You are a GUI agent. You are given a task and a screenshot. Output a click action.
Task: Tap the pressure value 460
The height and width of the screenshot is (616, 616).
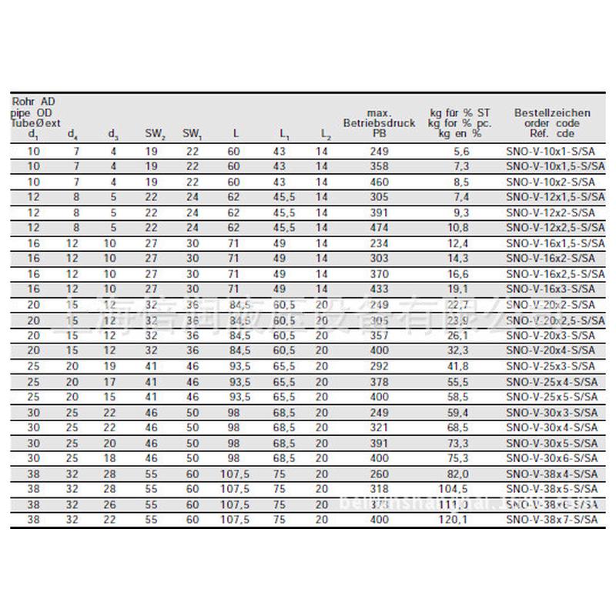379,182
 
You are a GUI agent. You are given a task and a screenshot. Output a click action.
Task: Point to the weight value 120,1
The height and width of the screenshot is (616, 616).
460,521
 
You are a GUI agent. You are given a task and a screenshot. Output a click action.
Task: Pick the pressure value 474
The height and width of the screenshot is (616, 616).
379,229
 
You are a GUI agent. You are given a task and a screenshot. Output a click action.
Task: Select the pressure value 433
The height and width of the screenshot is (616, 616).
379,290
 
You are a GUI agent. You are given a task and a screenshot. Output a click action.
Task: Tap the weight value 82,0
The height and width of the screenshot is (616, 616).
460,474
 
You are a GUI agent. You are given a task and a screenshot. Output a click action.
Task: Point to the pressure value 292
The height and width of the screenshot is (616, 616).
379,367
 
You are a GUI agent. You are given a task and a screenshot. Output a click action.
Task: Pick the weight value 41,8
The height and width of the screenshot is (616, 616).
460,367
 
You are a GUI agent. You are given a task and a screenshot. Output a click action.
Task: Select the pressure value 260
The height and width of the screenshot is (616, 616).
379,474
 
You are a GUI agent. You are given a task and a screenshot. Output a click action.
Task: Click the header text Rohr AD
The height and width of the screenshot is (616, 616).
33,101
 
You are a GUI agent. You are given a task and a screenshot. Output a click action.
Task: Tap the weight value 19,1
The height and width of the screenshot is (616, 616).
460,290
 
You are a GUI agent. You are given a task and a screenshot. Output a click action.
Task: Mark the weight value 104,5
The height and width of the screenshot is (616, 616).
460,490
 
